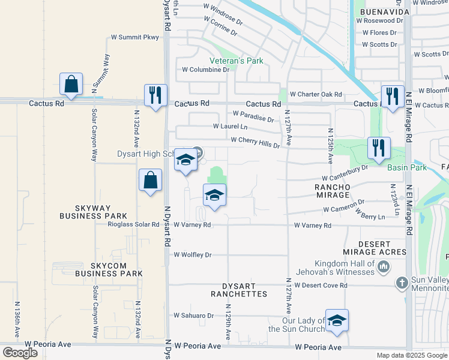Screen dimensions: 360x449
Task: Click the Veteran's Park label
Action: (x=236, y=61)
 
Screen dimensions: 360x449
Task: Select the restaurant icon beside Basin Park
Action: (x=378, y=149)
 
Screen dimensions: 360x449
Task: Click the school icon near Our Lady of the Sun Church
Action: (x=337, y=321)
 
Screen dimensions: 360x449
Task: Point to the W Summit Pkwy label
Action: (x=135, y=37)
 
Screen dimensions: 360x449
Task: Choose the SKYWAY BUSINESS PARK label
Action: (x=93, y=211)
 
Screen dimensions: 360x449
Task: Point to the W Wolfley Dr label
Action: (x=193, y=255)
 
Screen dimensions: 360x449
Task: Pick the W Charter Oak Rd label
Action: (x=315, y=94)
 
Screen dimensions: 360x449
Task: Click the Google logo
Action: (x=20, y=353)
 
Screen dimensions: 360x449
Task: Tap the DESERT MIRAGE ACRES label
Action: (x=382, y=248)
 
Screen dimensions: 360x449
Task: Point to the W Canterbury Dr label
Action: (x=345, y=173)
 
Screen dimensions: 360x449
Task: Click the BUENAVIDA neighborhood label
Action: (x=385, y=12)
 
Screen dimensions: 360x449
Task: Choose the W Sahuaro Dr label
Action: (x=193, y=315)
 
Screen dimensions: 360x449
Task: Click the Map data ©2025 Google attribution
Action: (x=411, y=355)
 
